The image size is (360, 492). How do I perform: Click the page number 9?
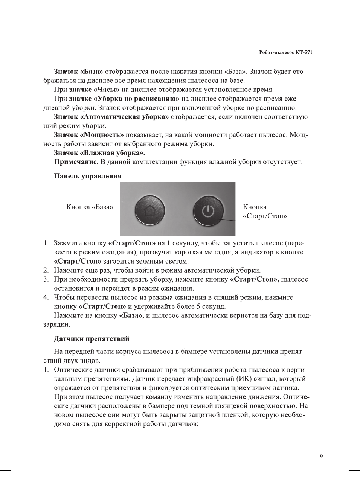point(321,457)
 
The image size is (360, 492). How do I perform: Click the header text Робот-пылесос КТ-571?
point(285,52)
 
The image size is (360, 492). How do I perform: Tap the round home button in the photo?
point(149,210)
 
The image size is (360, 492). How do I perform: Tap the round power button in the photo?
point(208,211)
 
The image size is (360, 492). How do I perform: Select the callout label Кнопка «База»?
point(90,207)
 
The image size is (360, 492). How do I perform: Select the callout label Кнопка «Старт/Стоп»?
point(265,212)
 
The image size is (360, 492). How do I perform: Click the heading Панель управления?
point(88,176)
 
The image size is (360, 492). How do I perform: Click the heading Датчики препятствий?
point(92,339)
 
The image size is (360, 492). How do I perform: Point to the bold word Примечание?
point(76,162)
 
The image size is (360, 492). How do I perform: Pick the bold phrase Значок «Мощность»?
point(89,135)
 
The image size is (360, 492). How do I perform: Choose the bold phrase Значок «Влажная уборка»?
point(99,153)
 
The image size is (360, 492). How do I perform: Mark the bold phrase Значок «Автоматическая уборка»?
point(111,117)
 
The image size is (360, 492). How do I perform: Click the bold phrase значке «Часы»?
point(94,90)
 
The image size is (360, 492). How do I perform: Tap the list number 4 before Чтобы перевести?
point(46,297)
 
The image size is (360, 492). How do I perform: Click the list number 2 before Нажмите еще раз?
point(46,270)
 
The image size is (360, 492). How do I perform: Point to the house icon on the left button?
point(149,210)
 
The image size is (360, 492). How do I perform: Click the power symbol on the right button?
point(208,211)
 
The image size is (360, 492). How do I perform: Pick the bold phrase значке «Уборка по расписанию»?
point(124,99)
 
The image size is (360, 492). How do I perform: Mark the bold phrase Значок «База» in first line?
point(78,72)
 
